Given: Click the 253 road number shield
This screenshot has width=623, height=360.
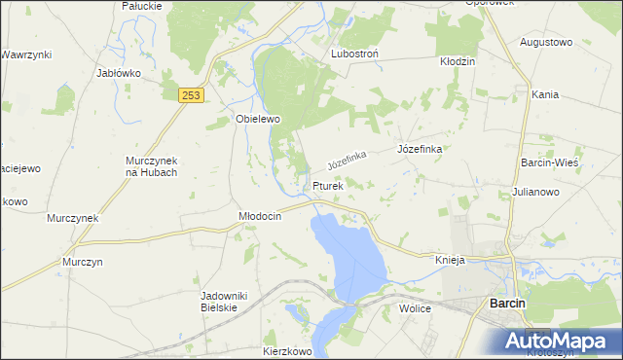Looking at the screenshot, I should tap(191, 94).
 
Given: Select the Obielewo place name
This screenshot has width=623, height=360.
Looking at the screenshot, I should tap(258, 119).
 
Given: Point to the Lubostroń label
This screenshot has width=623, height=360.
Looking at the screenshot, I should tap(354, 54).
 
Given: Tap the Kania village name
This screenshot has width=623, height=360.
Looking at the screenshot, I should tap(545, 95).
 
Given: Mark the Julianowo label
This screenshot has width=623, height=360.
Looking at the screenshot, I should tap(535, 193).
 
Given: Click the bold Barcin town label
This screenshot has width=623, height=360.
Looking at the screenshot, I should tap(507, 305).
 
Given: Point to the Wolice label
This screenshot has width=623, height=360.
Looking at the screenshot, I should tap(415, 307).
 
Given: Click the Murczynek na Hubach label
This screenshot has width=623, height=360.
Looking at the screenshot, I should tap(152, 166).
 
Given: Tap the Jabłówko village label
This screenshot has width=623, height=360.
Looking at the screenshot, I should tap(120, 73).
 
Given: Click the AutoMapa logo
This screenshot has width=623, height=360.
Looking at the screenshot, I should tap(558, 341).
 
